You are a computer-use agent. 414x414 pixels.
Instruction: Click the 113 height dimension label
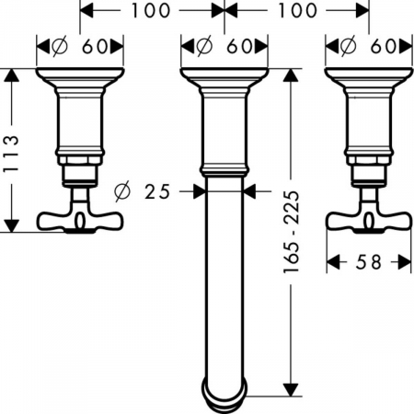tap(11, 154)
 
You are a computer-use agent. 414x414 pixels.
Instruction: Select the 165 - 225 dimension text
tap(291, 232)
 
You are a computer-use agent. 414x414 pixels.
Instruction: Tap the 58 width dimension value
tap(368, 262)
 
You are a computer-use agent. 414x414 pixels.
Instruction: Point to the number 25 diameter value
tap(157, 191)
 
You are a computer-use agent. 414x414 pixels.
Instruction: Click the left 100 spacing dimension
tap(150, 11)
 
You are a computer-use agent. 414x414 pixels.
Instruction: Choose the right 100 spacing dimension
tap(297, 11)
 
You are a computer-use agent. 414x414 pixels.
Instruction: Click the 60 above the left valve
tap(95, 47)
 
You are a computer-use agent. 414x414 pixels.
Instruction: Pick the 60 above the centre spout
tap(239, 47)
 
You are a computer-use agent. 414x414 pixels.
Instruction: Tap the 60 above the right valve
tap(384, 47)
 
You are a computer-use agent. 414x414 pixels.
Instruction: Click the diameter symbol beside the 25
tap(122, 191)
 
